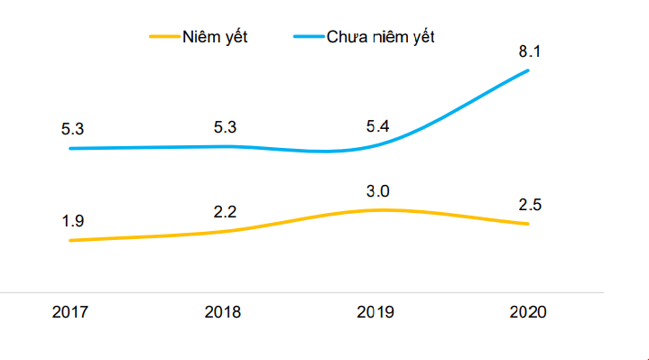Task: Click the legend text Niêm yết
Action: click(215, 37)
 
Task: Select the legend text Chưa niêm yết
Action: click(380, 37)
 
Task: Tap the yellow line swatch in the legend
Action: click(165, 37)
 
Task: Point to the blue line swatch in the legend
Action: click(309, 37)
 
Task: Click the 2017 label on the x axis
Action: click(70, 312)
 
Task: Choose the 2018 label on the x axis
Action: click(223, 312)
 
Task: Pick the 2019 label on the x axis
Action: click(375, 312)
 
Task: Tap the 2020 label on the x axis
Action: click(528, 312)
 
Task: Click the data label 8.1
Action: click(530, 51)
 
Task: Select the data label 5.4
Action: click(377, 126)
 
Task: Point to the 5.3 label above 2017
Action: click(72, 129)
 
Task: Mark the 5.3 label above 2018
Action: click(225, 127)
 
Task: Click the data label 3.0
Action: click(377, 191)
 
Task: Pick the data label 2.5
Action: click(530, 205)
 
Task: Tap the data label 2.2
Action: click(225, 212)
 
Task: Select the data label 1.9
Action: click(72, 221)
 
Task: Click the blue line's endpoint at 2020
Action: click(528, 70)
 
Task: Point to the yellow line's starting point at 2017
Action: click(70, 240)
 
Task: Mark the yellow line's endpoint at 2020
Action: click(528, 224)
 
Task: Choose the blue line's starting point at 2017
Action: click(70, 148)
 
